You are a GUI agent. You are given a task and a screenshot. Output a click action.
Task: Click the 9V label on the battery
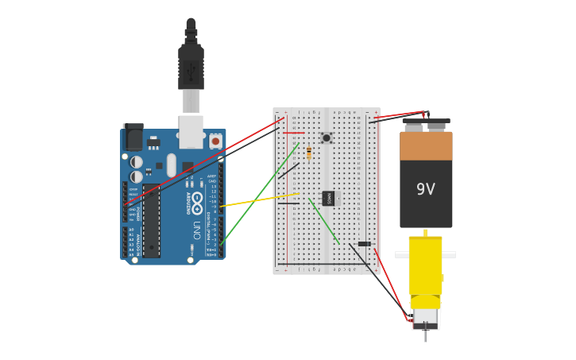click(x=426, y=189)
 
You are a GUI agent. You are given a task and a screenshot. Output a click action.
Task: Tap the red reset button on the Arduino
click(x=215, y=141)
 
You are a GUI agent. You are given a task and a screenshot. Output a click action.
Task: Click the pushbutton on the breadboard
click(x=326, y=138)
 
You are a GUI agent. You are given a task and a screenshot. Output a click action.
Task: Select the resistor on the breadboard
click(x=309, y=153)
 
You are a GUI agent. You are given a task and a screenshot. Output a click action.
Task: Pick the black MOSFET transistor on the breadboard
click(x=328, y=198)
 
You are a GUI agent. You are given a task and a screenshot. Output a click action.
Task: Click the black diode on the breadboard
click(x=364, y=244)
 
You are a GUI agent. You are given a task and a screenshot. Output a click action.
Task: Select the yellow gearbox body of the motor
click(x=426, y=266)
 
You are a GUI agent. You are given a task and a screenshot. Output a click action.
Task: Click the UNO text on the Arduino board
click(x=196, y=230)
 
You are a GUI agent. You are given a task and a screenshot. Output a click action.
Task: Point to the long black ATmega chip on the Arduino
click(x=151, y=221)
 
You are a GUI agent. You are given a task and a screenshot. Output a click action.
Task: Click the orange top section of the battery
click(x=426, y=146)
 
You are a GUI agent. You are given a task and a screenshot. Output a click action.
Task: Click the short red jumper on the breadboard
click(x=294, y=133)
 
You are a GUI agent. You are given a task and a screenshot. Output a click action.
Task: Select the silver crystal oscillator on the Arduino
click(x=172, y=165)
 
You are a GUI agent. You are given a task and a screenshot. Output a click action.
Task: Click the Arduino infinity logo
click(x=188, y=199)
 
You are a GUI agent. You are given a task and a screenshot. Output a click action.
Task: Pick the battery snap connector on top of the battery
click(x=426, y=122)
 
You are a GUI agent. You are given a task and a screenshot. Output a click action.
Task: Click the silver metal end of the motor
click(x=426, y=318)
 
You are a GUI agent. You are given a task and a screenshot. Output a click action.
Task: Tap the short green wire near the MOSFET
click(x=324, y=223)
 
